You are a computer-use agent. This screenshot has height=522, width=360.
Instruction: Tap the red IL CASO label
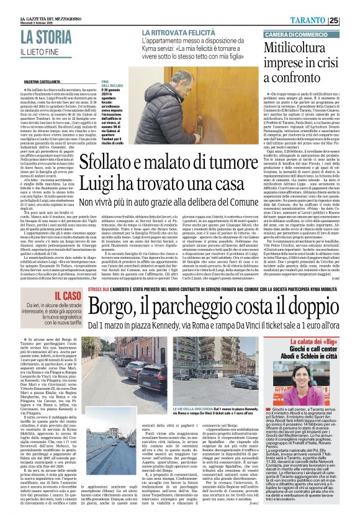pos(63,297)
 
